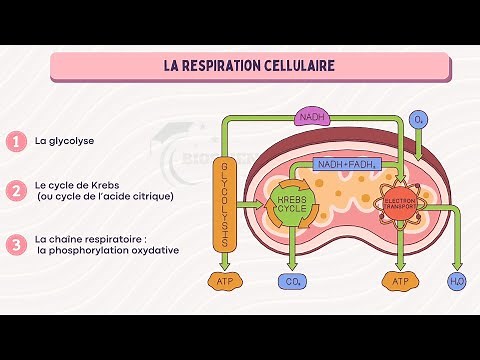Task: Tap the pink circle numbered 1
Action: tap(15, 141)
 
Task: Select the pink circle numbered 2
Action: tap(15, 190)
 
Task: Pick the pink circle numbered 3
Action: tap(15, 244)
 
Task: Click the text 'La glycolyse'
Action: tap(64, 141)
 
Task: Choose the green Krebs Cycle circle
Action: tap(293, 205)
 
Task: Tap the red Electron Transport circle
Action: tap(399, 202)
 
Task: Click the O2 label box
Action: tap(419, 119)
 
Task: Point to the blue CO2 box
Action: tap(293, 282)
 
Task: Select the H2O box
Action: tap(458, 282)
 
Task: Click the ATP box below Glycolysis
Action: tap(225, 282)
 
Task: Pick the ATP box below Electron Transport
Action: tap(399, 282)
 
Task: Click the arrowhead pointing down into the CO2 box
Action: tap(293, 265)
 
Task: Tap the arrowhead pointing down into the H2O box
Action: tap(458, 266)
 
